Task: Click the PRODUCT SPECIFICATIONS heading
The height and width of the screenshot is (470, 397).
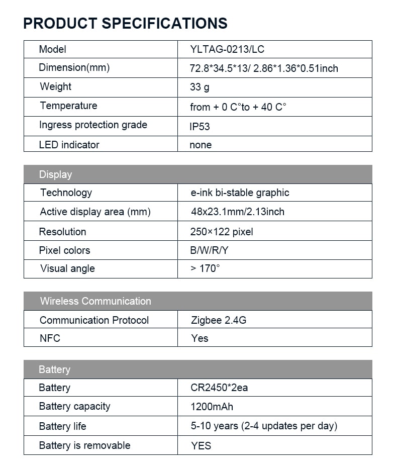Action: pyautogui.click(x=125, y=23)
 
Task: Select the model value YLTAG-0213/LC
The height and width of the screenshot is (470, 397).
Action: pyautogui.click(x=227, y=49)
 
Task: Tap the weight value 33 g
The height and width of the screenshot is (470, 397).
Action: pyautogui.click(x=200, y=87)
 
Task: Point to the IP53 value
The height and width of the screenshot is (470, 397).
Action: pyautogui.click(x=200, y=126)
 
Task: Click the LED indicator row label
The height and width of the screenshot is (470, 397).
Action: pyautogui.click(x=69, y=145)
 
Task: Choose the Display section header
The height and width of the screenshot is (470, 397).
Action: pyautogui.click(x=56, y=174)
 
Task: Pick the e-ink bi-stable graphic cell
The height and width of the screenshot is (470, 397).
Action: pyautogui.click(x=240, y=193)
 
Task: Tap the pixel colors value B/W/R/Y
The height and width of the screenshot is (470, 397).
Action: pyautogui.click(x=209, y=250)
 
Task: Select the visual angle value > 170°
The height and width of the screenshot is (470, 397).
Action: pyautogui.click(x=205, y=268)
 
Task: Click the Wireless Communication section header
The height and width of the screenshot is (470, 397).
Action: pyautogui.click(x=95, y=301)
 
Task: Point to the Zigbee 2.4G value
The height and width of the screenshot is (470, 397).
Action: pyautogui.click(x=219, y=320)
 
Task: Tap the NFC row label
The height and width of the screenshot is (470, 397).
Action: pyautogui.click(x=50, y=338)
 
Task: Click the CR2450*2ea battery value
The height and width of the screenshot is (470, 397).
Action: pyautogui.click(x=219, y=388)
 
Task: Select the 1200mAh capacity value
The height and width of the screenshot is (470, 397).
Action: pyautogui.click(x=212, y=407)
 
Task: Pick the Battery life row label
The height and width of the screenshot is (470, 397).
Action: pyautogui.click(x=62, y=426)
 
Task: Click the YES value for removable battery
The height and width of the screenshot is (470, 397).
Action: pyautogui.click(x=201, y=445)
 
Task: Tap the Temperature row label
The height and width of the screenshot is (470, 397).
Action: pyautogui.click(x=68, y=106)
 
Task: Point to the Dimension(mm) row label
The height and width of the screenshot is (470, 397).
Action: pyautogui.click(x=74, y=67)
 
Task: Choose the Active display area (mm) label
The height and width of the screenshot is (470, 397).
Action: pyautogui.click(x=95, y=212)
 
